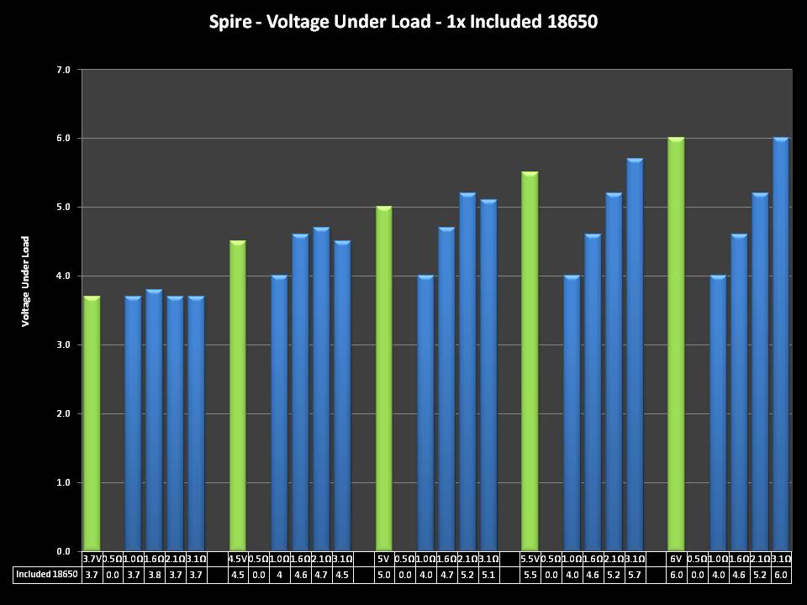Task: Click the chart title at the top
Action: point(403,22)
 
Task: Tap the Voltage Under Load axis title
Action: point(26,281)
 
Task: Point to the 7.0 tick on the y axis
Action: point(64,69)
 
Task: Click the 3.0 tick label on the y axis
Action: point(64,345)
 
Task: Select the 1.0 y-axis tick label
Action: point(64,482)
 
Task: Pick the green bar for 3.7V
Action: point(92,423)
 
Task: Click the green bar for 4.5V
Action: point(238,396)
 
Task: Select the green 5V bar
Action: point(384,379)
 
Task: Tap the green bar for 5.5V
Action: point(530,361)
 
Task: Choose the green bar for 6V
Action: point(676,345)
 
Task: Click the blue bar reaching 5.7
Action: point(635,355)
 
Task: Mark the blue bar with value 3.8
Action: point(154,420)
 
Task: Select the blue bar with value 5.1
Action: point(488,376)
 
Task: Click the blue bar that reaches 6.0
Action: point(781,345)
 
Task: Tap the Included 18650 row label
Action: point(47,575)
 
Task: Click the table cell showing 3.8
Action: point(154,575)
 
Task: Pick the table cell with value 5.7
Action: point(635,575)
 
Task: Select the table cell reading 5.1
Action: point(488,575)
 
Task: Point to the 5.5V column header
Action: point(530,559)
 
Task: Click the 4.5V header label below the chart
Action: point(238,559)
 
